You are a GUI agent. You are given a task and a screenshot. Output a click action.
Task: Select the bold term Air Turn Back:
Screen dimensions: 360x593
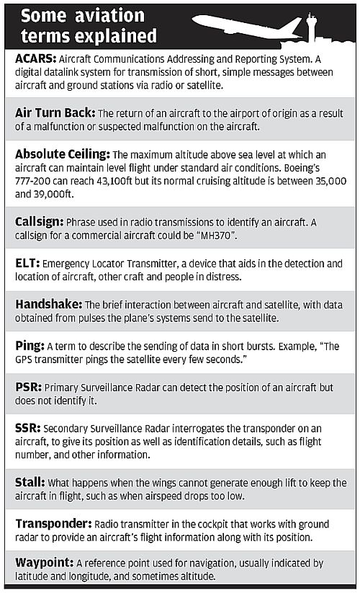coord(55,112)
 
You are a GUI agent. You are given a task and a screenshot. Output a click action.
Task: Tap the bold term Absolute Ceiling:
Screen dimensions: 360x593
coord(62,153)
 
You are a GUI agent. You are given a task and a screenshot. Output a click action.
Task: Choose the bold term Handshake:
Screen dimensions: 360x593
coord(48,304)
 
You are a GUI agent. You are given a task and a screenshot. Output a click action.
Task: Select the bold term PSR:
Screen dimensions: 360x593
coord(27,387)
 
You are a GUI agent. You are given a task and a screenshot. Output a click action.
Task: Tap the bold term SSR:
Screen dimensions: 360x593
coord(27,428)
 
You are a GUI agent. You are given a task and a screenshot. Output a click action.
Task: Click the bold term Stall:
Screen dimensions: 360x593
coord(30,482)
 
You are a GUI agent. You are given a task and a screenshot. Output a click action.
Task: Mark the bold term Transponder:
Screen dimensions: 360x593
coord(52,523)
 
